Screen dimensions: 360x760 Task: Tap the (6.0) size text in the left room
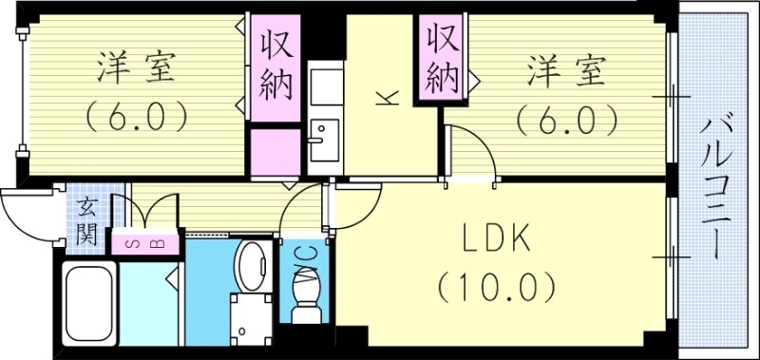[135, 118]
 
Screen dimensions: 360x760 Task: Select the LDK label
[495, 239]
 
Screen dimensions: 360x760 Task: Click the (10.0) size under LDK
[495, 284]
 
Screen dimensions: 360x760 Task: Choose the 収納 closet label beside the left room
[275, 61]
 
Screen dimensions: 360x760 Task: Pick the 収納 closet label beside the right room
[443, 56]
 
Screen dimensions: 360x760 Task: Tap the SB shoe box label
[146, 243]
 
